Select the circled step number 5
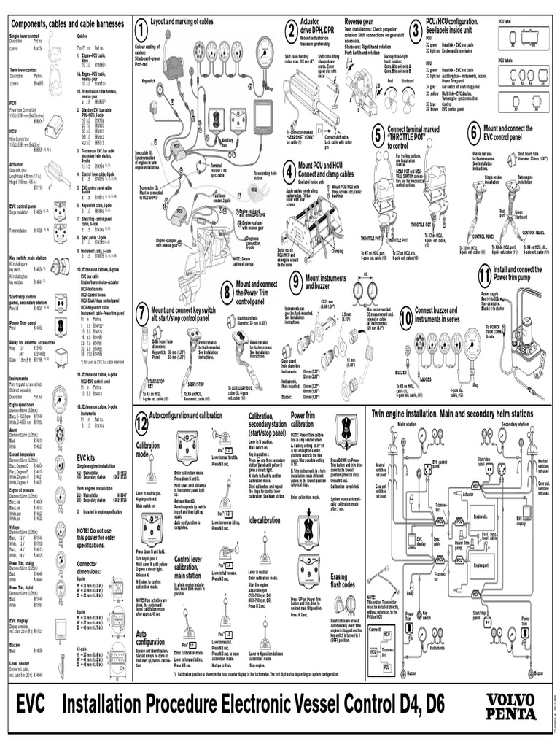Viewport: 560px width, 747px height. pos(377,135)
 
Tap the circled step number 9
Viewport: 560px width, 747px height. pos(295,282)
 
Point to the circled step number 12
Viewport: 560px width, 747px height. pos(141,421)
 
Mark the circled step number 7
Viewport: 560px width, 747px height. pos(141,314)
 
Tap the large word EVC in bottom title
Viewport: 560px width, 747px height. pos(31,705)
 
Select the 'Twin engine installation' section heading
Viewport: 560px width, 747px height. pos(452,414)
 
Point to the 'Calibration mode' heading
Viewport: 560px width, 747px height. pos(148,449)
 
